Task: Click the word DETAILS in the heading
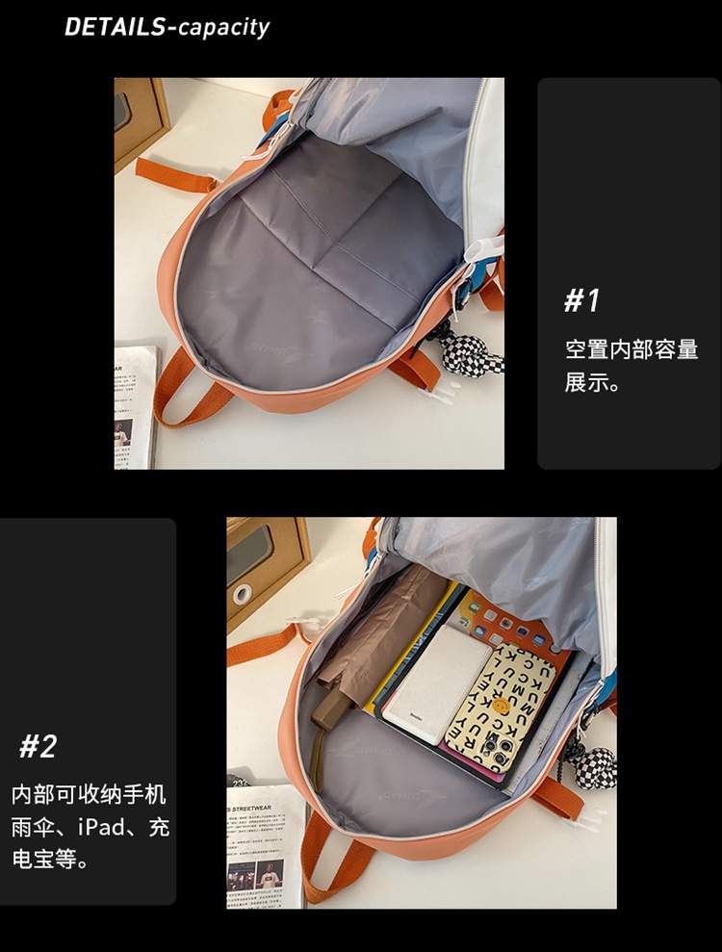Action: [x=114, y=27]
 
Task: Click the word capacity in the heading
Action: [x=223, y=27]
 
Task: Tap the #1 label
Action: [x=581, y=301]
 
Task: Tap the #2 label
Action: [x=39, y=745]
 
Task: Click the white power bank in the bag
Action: [x=438, y=687]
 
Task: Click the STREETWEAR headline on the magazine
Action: [x=266, y=807]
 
